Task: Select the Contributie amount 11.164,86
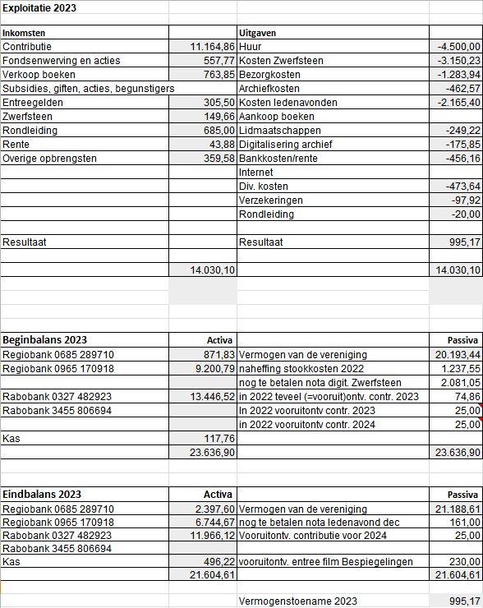pyautogui.click(x=213, y=47)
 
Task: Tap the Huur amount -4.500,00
pyautogui.click(x=459, y=47)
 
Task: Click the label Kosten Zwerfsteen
pyautogui.click(x=281, y=61)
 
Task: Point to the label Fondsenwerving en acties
pyautogui.click(x=62, y=61)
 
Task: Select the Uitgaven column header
pyautogui.click(x=257, y=33)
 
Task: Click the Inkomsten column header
pyautogui.click(x=25, y=33)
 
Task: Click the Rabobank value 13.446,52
pyautogui.click(x=213, y=397)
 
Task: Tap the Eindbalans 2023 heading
pyautogui.click(x=42, y=494)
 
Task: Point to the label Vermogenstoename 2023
pyautogui.click(x=298, y=601)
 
